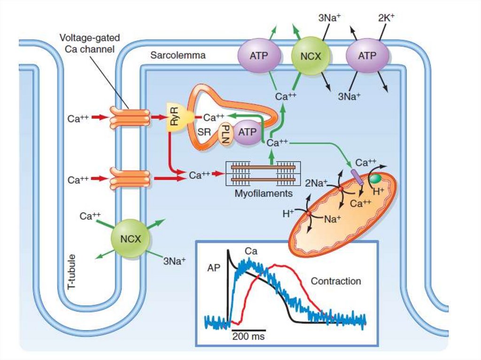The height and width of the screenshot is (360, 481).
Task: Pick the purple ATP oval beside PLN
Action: pyautogui.click(x=247, y=132)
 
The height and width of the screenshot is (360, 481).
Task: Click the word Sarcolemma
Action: pyautogui.click(x=178, y=55)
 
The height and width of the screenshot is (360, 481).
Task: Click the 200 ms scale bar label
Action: pyautogui.click(x=248, y=337)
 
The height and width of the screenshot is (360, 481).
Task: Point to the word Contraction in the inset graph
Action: pyautogui.click(x=336, y=281)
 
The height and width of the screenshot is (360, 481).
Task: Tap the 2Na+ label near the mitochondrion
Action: pyautogui.click(x=316, y=183)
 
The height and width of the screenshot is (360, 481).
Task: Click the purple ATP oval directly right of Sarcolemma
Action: pyautogui.click(x=259, y=55)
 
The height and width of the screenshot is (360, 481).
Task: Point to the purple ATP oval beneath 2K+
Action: pyautogui.click(x=367, y=56)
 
